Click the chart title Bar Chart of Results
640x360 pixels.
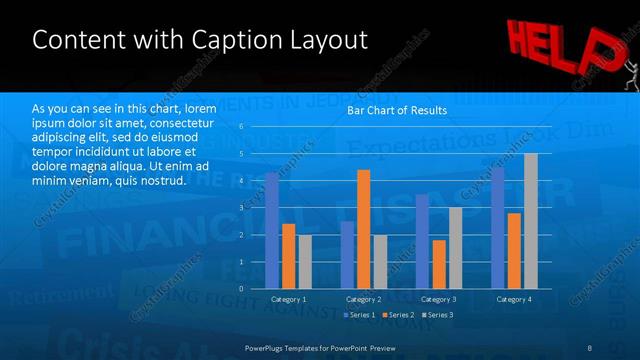coord(396,110)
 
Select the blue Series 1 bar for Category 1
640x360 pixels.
coord(271,231)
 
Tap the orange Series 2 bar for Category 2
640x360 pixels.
coord(363,229)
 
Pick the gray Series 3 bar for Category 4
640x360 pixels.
coord(531,221)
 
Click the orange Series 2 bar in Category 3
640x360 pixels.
coord(439,264)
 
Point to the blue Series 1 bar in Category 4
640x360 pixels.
coord(497,228)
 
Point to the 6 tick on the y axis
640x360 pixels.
coord(241,127)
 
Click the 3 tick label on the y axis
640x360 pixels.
coord(241,208)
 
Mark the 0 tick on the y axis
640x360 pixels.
coord(241,289)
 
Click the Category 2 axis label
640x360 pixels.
coord(364,299)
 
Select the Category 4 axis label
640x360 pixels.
coord(515,299)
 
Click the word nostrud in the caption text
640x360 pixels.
coord(164,180)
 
